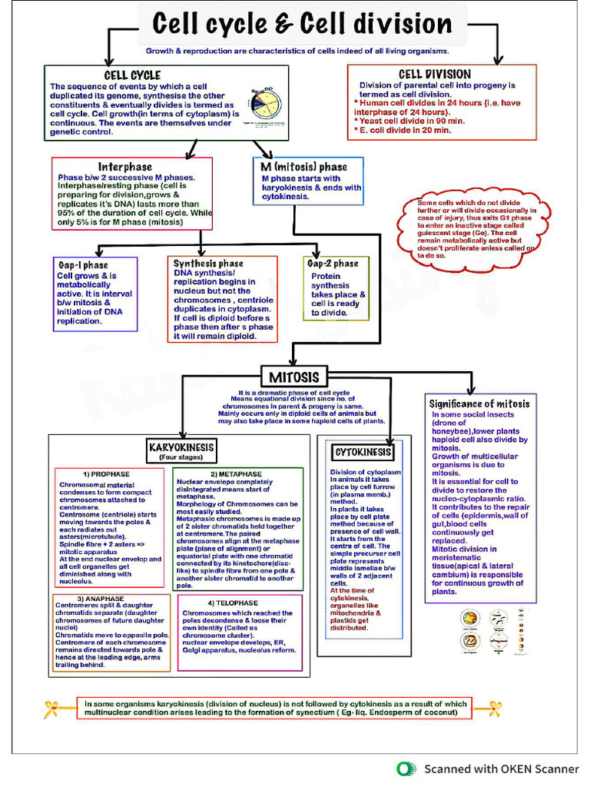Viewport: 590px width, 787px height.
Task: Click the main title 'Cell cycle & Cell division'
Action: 302,23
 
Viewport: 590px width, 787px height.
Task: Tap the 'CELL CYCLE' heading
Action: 132,75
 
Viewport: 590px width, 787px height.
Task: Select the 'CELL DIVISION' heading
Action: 435,75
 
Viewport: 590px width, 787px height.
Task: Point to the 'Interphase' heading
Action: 124,167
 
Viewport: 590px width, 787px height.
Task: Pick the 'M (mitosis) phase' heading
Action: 304,167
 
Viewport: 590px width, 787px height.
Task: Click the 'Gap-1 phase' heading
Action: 83,265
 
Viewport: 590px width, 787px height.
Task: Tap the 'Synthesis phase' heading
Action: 208,264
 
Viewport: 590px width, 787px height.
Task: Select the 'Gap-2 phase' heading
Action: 333,264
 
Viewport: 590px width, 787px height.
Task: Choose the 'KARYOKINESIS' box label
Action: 182,447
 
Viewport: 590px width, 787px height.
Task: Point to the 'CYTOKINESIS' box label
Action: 363,452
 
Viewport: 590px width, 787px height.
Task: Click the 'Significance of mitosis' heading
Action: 479,403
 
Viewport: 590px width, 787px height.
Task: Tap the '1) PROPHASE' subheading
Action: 106,473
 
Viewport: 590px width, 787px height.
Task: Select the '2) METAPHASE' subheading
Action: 236,474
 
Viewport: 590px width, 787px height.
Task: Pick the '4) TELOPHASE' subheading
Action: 233,603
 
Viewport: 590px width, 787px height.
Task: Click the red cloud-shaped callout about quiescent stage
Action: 476,228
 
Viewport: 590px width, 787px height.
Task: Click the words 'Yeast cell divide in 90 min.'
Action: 412,121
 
